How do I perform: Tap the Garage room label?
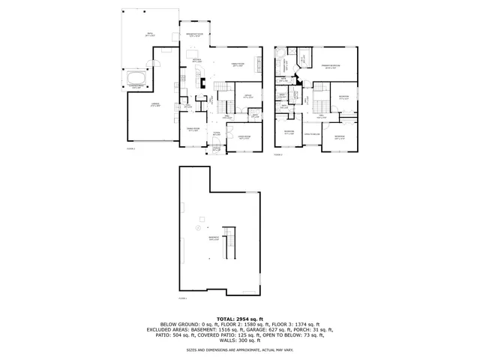154,105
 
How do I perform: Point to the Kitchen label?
196,60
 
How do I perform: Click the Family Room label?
237,66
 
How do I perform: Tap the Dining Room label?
192,130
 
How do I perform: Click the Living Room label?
244,138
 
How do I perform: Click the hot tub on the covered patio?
136,79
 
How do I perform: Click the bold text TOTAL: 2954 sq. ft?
240,319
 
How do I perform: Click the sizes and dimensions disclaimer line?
240,349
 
